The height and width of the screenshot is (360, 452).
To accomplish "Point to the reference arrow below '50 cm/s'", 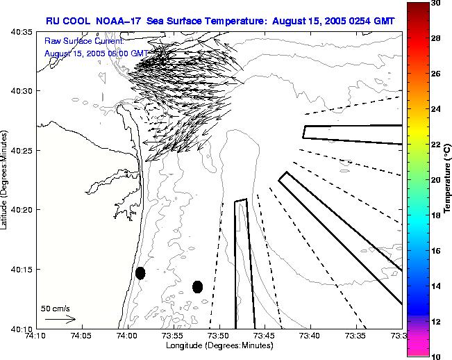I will (x=60, y=319).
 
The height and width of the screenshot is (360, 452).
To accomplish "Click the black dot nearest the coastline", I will (x=140, y=273).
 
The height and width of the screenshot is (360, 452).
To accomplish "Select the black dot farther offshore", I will (x=197, y=286).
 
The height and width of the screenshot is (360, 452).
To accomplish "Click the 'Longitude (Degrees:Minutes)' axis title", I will (x=218, y=345).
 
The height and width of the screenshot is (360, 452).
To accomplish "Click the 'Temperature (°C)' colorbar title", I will (x=448, y=179).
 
